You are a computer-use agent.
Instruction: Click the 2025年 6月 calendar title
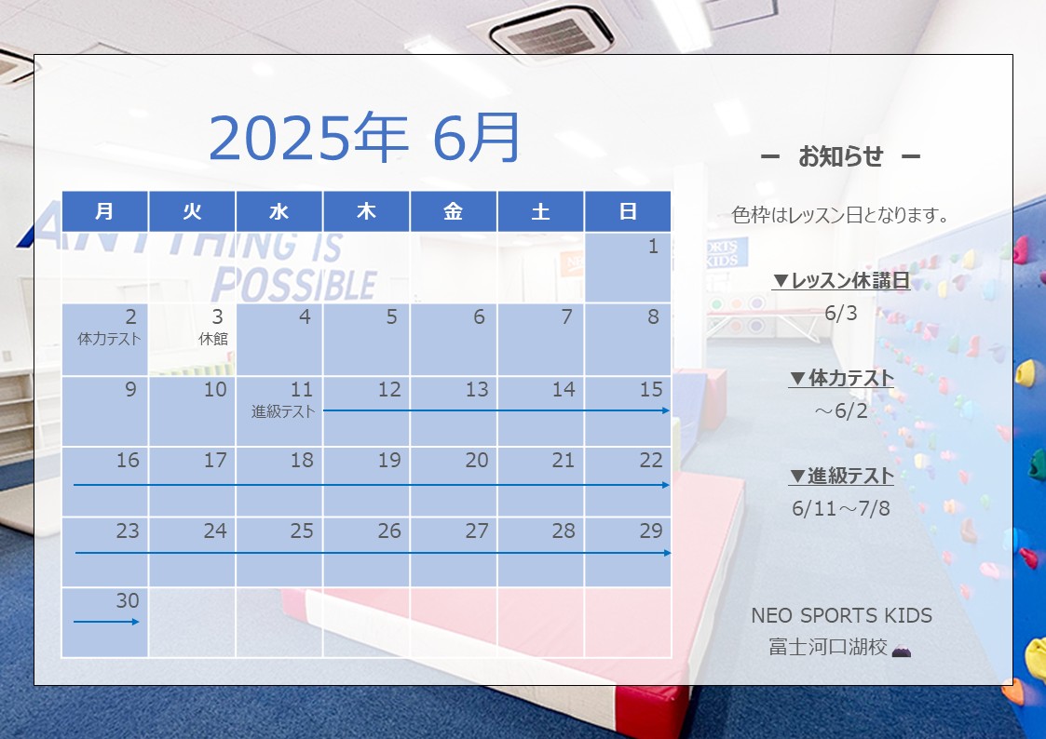(364, 138)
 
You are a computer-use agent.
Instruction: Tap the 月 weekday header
(104, 211)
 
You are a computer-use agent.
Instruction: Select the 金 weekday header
(453, 211)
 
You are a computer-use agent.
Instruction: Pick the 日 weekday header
(628, 211)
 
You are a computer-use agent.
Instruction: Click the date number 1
(654, 247)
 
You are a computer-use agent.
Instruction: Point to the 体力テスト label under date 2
(109, 339)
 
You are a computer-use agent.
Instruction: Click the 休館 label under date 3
(213, 339)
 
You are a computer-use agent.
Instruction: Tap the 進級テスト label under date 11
(283, 411)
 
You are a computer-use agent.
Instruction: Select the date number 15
(651, 389)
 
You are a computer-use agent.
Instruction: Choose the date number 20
(477, 460)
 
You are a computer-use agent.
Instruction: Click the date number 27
(477, 531)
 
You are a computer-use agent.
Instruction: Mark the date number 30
(128, 600)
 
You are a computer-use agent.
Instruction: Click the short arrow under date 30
(106, 622)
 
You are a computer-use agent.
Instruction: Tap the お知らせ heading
(840, 156)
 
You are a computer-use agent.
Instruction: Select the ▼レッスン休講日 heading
(841, 280)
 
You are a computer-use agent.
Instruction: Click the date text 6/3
(840, 313)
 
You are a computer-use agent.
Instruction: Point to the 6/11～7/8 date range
(840, 508)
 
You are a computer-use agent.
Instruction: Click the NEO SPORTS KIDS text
(841, 615)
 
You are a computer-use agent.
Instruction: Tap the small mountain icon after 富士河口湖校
(902, 650)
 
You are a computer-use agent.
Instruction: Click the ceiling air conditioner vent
(551, 32)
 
